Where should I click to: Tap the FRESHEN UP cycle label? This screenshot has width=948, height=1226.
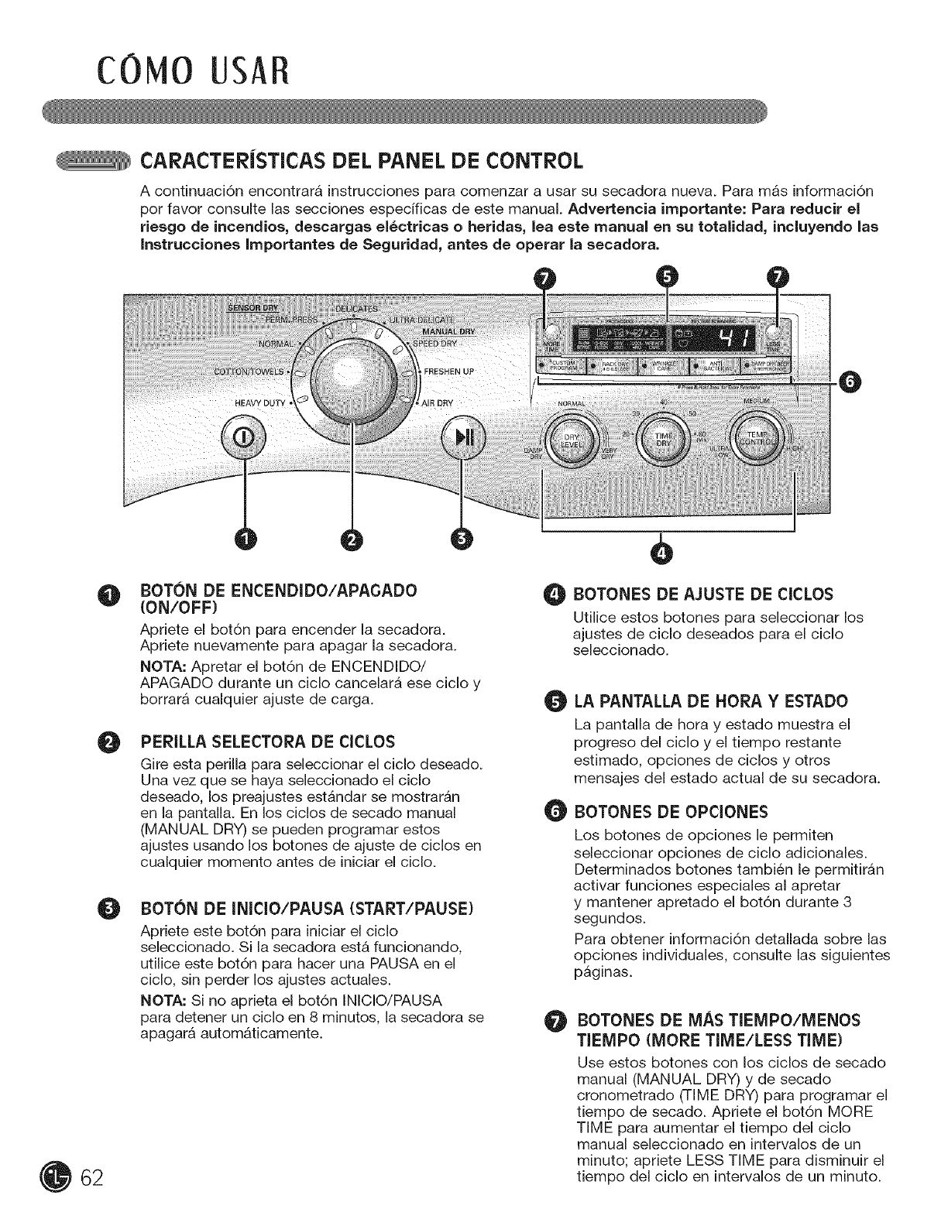[449, 371]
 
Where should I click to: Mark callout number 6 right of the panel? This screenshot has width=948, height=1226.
[852, 381]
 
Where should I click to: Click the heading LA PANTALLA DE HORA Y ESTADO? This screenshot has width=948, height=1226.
[711, 701]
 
